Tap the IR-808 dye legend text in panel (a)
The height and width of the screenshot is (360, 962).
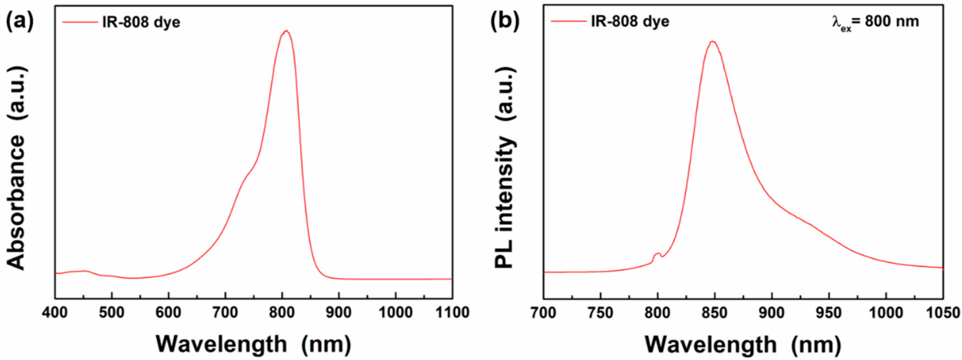pyautogui.click(x=141, y=22)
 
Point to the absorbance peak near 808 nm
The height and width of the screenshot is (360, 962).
pyautogui.click(x=286, y=31)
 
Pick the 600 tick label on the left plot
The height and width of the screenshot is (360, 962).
pyautogui.click(x=168, y=312)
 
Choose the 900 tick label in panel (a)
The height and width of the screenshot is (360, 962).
pyautogui.click(x=338, y=312)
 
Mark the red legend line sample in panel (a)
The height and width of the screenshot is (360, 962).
pyautogui.click(x=80, y=22)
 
